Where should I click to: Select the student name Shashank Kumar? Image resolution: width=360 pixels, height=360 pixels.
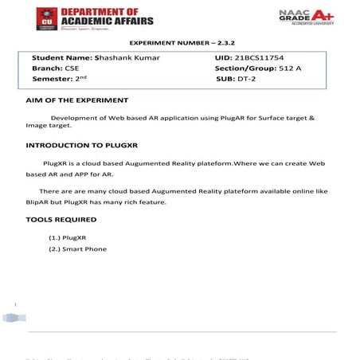(x=127, y=58)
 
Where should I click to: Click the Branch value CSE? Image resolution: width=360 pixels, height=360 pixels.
(x=72, y=68)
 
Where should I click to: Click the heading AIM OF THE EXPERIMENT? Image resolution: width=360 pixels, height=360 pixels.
(x=76, y=100)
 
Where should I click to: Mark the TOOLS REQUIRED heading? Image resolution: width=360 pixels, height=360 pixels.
(x=61, y=219)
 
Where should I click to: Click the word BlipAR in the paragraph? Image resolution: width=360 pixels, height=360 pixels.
(x=38, y=202)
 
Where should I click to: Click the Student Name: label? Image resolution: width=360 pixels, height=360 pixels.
(x=61, y=58)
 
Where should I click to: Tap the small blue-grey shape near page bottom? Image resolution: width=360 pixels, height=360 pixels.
(x=10, y=317)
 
